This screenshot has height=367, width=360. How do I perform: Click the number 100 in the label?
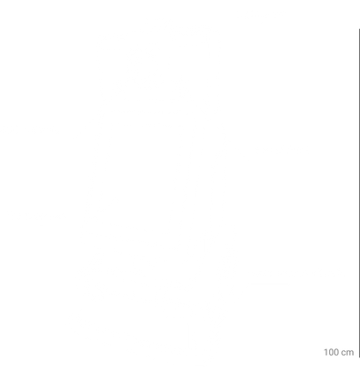(x=331, y=352)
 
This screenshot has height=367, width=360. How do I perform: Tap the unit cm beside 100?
(x=348, y=353)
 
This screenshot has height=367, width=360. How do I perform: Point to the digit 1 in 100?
(x=326, y=352)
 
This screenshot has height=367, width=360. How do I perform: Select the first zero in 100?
(x=331, y=352)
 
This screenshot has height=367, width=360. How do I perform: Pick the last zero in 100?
(x=336, y=352)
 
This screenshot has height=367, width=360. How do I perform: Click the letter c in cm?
(x=344, y=353)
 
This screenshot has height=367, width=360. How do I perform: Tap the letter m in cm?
(x=350, y=353)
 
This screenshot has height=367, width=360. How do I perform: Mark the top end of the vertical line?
(x=359, y=29)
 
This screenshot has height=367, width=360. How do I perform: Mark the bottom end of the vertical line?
(x=359, y=357)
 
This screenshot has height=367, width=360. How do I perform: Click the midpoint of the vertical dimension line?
(x=359, y=194)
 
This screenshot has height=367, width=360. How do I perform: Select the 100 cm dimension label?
(x=339, y=352)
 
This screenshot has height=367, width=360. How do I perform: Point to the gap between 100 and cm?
(x=341, y=353)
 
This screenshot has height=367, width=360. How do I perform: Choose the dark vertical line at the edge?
(x=359, y=194)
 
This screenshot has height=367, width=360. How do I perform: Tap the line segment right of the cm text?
(x=359, y=194)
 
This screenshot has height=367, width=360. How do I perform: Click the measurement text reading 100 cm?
(x=339, y=352)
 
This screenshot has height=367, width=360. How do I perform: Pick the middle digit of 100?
(x=331, y=352)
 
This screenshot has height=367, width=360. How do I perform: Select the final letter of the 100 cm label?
(x=350, y=353)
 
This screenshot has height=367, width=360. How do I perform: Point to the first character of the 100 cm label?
(x=326, y=352)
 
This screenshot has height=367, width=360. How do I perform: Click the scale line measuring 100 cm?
(x=359, y=194)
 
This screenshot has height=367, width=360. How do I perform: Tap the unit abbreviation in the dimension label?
(x=348, y=353)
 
